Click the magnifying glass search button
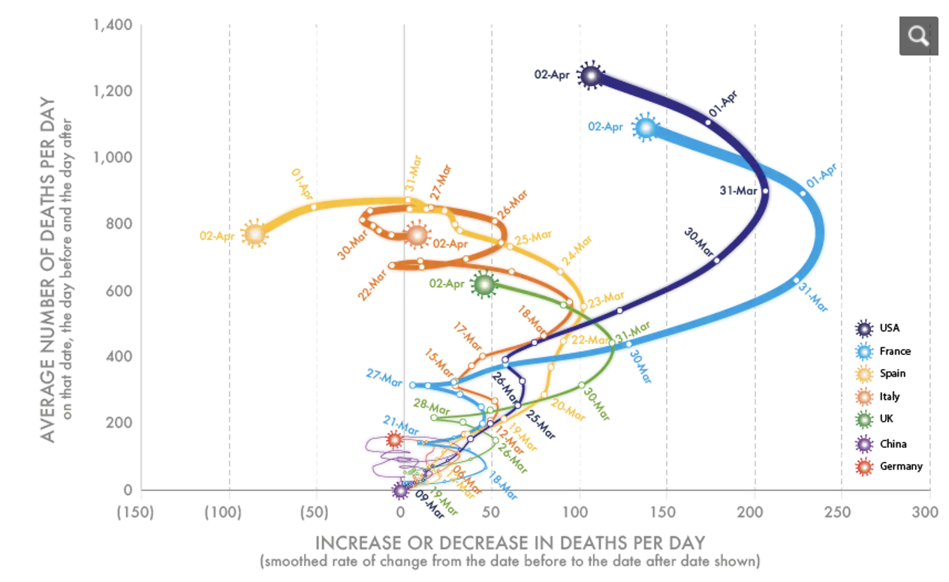[918, 35]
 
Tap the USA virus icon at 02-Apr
[591, 75]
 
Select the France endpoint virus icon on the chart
[645, 128]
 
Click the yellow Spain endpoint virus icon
[255, 234]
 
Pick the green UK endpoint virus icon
[484, 284]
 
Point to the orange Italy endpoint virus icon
[417, 235]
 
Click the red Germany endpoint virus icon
[394, 439]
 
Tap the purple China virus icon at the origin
[401, 490]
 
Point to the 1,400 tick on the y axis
[113, 25]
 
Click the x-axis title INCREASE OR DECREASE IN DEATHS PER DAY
[511, 542]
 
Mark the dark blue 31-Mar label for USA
[738, 190]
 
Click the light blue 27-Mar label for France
[384, 376]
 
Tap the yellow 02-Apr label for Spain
[218, 235]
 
